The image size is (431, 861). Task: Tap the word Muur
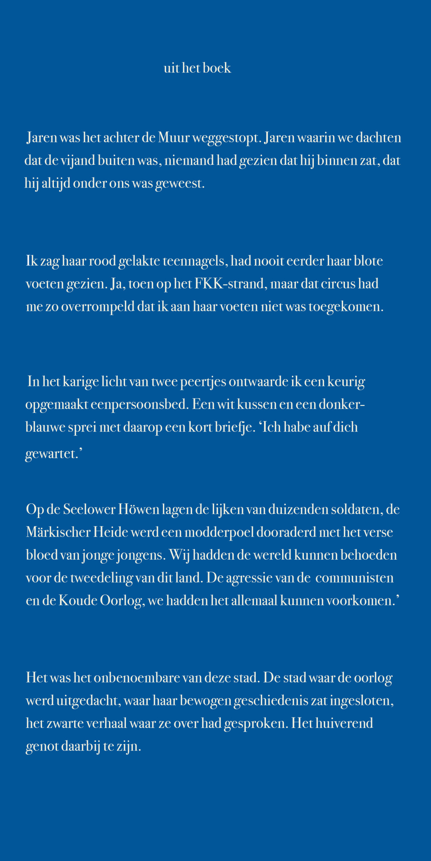pos(174,138)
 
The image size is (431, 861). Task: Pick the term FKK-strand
pos(230,284)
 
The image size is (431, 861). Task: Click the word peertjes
pos(203,382)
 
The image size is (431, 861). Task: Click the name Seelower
pos(89,509)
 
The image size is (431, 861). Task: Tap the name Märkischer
pos(58,532)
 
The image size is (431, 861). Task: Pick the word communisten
pos(354,578)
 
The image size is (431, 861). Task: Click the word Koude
pos(78,601)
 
